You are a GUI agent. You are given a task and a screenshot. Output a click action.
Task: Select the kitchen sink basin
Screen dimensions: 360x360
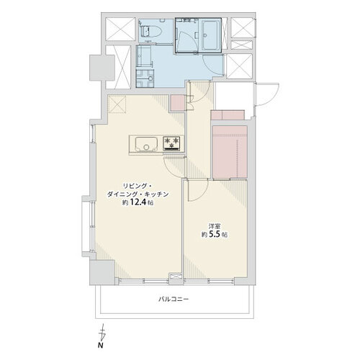point(146,144)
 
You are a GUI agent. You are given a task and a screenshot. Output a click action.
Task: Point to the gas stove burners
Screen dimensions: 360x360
point(171,143)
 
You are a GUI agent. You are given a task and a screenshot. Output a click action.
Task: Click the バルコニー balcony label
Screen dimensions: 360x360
point(174,300)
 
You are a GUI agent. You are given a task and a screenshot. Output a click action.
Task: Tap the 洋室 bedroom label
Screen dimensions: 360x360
point(215,226)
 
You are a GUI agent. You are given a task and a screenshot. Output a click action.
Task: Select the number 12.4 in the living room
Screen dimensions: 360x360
point(138,202)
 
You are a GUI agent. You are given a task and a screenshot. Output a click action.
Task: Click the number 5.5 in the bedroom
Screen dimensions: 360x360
point(215,234)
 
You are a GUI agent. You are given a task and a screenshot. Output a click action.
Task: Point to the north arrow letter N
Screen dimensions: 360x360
point(100,346)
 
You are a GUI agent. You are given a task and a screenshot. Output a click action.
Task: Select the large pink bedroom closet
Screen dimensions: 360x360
point(230,152)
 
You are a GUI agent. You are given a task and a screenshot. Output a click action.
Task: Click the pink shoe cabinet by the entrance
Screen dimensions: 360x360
point(228,114)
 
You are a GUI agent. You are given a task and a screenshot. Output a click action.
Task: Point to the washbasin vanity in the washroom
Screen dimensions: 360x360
point(144,57)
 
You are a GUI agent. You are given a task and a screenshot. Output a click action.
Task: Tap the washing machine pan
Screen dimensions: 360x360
point(145,78)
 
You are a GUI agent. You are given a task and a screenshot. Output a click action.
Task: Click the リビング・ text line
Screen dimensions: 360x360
point(138,186)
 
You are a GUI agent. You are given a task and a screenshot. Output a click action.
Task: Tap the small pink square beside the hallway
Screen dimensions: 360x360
point(178,103)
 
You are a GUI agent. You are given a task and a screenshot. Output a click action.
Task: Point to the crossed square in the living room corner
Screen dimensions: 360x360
point(117,104)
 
